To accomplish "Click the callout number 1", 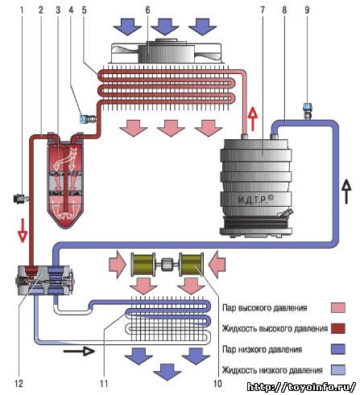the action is tap(22, 10).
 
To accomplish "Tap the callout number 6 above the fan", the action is tap(147, 10).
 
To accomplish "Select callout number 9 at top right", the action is tap(307, 10).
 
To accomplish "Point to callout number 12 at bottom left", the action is tap(19, 384).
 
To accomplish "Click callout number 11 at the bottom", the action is tap(104, 384).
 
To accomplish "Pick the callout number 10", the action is tap(217, 384).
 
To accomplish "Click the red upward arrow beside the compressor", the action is tap(253, 119).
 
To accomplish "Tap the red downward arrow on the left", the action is tap(23, 231).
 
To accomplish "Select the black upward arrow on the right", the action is tap(346, 191).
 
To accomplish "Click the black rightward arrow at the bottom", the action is tap(79, 351).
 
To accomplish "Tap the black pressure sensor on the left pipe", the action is tap(20, 200).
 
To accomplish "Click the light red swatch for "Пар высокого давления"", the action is tap(338, 307).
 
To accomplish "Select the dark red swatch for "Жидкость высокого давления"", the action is tap(338, 328).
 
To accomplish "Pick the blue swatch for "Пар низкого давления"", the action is tap(338, 349).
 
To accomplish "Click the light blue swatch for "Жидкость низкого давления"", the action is tap(338, 370).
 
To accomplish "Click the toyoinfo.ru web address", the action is tap(301, 387).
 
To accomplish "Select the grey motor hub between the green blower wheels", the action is tap(167, 264).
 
